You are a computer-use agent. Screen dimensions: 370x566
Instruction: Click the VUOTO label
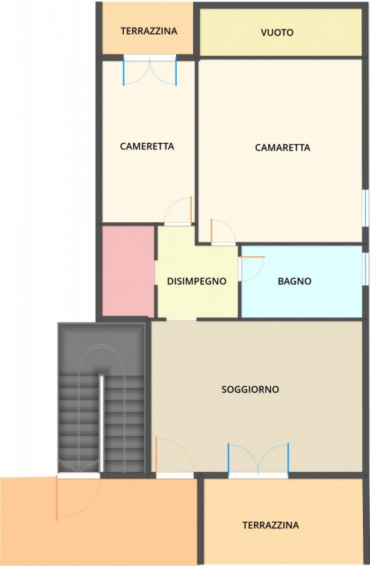[x=277, y=33]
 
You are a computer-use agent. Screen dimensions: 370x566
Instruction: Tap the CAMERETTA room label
[x=147, y=146]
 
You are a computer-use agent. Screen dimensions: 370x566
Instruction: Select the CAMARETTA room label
[x=282, y=148]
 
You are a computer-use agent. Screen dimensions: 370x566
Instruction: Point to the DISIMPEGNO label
[x=197, y=281]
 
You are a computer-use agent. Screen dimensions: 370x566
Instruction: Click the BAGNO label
[x=294, y=281]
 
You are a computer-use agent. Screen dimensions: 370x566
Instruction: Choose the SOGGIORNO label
[x=250, y=390]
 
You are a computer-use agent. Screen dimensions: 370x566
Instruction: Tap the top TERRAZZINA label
[x=149, y=31]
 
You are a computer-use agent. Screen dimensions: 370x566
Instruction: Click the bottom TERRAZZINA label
[x=271, y=525]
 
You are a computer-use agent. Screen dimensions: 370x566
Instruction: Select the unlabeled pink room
[x=129, y=272]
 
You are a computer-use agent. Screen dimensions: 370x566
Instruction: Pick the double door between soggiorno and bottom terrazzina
[x=258, y=459]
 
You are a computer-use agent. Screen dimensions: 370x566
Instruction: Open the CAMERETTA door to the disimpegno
[x=178, y=211]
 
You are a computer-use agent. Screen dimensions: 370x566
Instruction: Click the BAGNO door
[x=252, y=269]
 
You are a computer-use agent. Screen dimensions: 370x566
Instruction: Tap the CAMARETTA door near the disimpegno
[x=223, y=231]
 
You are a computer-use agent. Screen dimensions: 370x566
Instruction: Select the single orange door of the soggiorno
[x=175, y=456]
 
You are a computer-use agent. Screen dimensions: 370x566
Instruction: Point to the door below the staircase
[x=78, y=498]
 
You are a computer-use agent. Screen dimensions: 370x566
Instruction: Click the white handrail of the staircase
[x=101, y=423]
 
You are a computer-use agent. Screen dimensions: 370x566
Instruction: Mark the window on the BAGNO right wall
[x=365, y=269]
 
